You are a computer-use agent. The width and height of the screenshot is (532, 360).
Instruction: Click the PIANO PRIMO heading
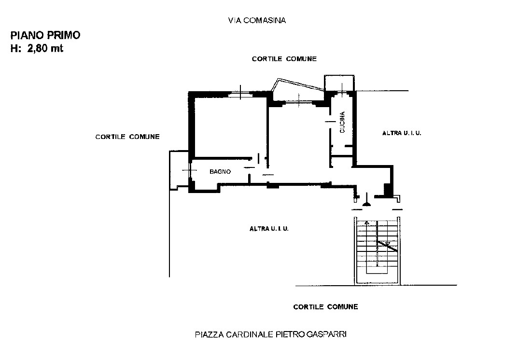coord(45,35)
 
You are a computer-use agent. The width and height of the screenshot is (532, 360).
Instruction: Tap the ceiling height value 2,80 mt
coord(45,49)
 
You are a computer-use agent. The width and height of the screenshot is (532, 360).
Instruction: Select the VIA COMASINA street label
coord(257,21)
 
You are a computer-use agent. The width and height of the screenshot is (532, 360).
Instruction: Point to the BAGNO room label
coord(220,172)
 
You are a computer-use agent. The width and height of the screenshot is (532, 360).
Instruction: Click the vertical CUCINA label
coord(342,122)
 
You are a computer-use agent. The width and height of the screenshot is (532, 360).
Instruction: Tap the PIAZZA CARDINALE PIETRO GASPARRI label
coord(271,334)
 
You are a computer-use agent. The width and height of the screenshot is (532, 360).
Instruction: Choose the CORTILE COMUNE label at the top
coord(284,59)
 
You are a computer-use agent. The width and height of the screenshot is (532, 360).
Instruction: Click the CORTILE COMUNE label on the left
coord(127,137)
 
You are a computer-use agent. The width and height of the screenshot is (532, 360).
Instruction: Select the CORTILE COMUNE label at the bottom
coord(325,307)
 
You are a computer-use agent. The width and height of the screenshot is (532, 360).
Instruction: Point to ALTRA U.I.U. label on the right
coord(402,133)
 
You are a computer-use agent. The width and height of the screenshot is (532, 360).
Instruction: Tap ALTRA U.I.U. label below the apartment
coord(269,229)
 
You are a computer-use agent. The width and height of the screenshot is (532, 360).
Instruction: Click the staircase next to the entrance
coord(378,250)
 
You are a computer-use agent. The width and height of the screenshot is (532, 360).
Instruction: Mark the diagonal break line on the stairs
coord(387,246)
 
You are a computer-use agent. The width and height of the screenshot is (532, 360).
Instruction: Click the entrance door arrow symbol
coord(366,200)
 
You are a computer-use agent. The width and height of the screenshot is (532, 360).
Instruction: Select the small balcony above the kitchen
coord(339,83)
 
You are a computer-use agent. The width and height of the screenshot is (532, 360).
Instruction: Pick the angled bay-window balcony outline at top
coord(298,85)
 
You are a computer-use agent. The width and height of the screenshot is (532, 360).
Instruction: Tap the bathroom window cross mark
coord(188,170)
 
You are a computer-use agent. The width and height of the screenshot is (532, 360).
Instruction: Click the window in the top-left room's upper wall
coord(240,93)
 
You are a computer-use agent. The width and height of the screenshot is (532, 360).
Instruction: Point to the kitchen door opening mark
coord(330,122)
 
